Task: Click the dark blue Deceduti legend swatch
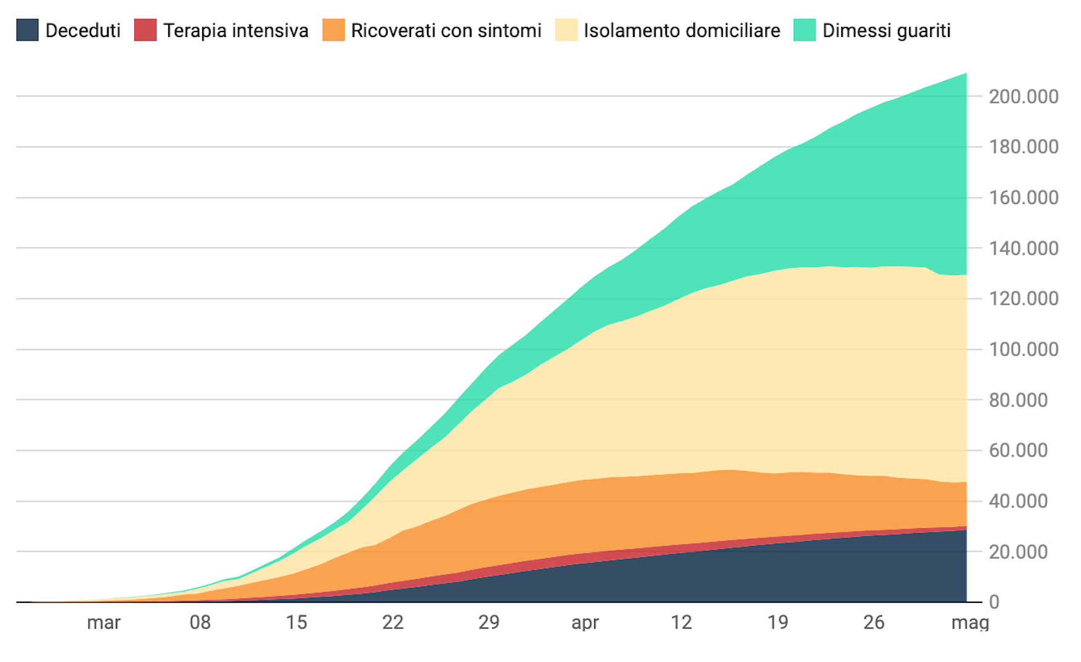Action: pos(27,30)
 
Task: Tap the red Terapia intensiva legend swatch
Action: pos(145,30)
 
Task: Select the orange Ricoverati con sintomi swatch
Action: pos(333,30)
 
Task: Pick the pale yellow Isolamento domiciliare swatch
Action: pos(566,30)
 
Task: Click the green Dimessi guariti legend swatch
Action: pos(805,30)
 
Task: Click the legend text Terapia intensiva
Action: pos(235,30)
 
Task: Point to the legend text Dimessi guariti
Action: pos(886,30)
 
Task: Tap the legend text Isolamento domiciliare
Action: pos(682,30)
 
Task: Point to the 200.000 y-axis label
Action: pos(1023,97)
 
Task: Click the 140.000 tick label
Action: pos(1023,248)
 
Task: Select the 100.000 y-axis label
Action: pos(1023,349)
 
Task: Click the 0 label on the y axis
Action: pos(993,602)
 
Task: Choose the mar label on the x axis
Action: pos(104,623)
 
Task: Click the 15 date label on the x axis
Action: pos(296,623)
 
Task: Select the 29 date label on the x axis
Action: pos(489,623)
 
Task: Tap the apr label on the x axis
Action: pos(585,623)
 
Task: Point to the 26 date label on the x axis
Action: pos(874,623)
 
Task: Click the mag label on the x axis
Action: pos(969,623)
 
